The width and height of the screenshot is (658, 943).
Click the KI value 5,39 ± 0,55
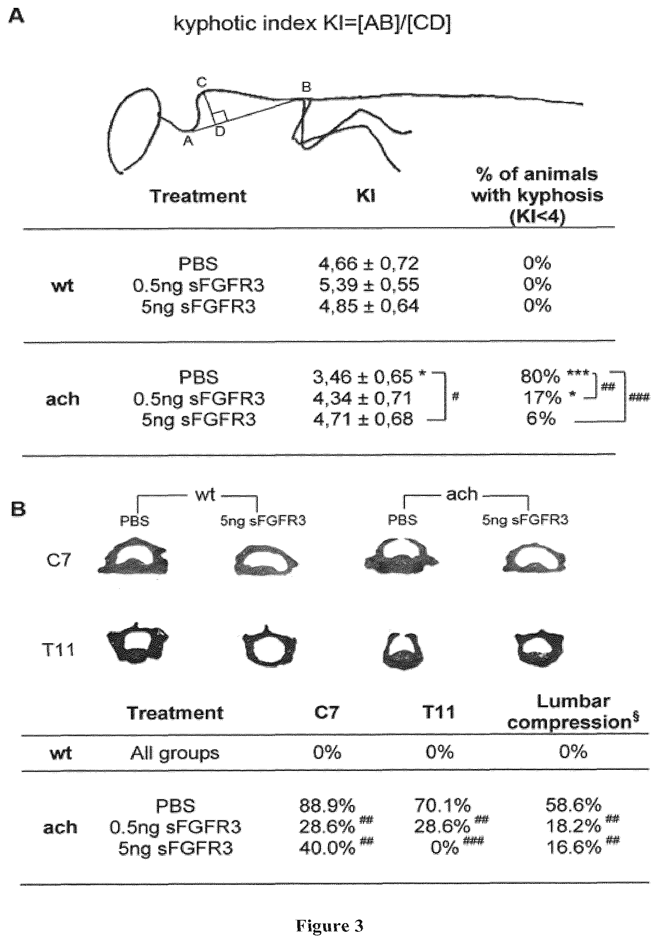(369, 284)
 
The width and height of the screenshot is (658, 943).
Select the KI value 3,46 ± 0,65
(363, 377)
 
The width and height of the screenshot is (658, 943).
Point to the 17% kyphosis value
(542, 398)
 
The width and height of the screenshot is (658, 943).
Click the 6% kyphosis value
(541, 419)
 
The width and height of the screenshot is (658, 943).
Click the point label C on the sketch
(201, 82)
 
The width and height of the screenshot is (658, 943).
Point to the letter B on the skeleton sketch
(306, 87)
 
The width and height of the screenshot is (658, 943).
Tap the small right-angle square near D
(219, 117)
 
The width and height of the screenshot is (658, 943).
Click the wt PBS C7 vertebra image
(133, 558)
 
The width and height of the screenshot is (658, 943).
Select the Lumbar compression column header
(573, 712)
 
